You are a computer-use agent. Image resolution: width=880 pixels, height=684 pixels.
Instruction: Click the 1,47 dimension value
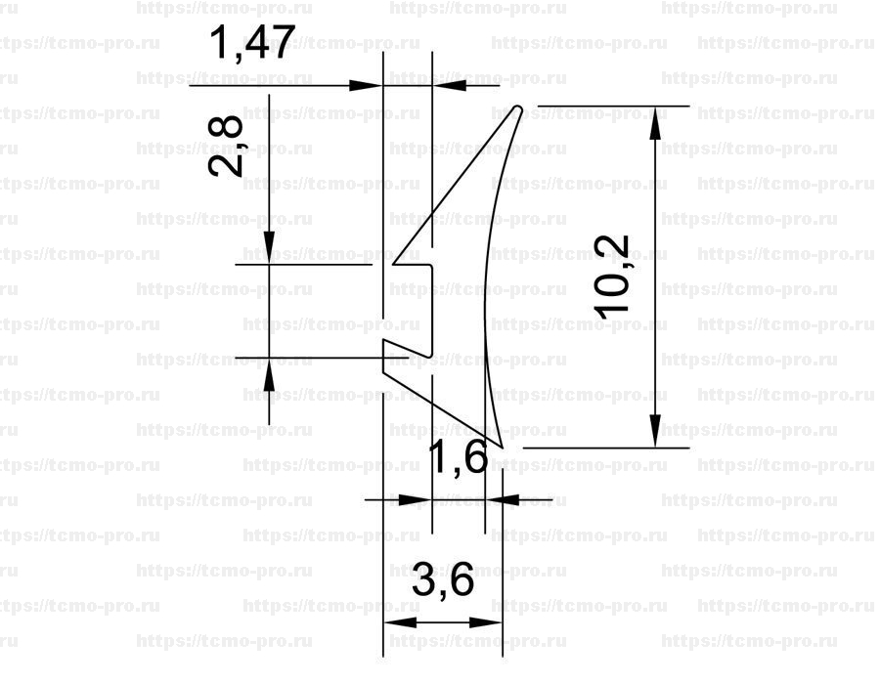click(x=252, y=43)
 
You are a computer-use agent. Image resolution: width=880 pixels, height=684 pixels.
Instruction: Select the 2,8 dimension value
click(x=226, y=147)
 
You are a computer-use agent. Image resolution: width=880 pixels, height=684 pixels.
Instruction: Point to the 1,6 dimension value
click(x=458, y=457)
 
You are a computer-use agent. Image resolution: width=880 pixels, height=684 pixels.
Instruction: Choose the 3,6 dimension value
click(x=443, y=579)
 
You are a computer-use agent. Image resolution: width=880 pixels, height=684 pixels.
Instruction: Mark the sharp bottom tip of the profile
click(x=502, y=448)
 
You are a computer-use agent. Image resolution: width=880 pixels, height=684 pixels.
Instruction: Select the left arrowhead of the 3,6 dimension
click(x=400, y=622)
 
